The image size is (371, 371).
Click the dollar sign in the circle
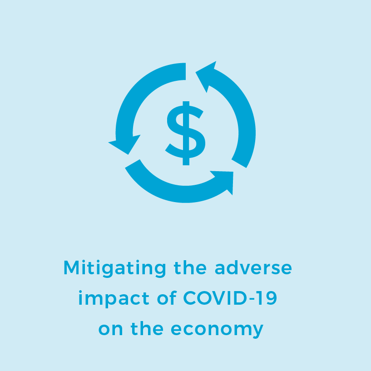coord(185,133)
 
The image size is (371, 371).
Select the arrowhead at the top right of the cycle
coord(206,76)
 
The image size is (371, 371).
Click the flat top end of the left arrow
coord(185,71)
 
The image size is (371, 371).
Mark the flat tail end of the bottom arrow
coord(133,163)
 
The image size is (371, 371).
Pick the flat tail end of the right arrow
coord(239,163)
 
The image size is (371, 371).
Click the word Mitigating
coord(115,268)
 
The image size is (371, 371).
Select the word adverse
coord(253,268)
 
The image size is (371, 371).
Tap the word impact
coord(114,299)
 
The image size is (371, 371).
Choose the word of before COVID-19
coord(167,297)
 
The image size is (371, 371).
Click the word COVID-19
coord(230,298)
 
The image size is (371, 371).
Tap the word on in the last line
coord(111,329)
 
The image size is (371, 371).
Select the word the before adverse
coord(190,268)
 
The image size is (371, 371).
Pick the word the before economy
coord(147,328)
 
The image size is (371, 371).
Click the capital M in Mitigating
coord(71,267)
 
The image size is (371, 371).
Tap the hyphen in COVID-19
coord(252,299)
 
